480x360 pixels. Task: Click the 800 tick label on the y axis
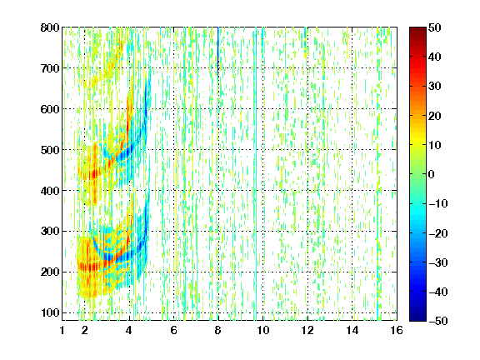click(50, 27)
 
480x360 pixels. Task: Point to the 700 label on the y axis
click(50, 68)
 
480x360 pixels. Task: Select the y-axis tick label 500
click(50, 150)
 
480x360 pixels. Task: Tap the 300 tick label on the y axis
click(50, 232)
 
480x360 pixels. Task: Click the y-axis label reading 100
click(50, 312)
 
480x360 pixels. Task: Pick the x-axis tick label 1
click(62, 330)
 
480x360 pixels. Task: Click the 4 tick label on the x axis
click(129, 330)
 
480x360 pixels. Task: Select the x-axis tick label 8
click(218, 330)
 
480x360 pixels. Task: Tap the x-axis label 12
click(307, 330)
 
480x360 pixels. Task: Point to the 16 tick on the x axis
click(397, 330)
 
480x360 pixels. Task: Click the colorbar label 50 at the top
click(434, 27)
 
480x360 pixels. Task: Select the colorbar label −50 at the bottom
click(438, 321)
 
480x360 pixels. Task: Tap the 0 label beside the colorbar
click(432, 174)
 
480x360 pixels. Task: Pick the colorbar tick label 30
click(434, 87)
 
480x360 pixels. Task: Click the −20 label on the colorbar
click(438, 233)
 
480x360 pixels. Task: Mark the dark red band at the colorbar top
click(417, 32)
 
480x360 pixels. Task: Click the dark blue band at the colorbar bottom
click(417, 315)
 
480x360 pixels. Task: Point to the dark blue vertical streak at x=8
click(218, 49)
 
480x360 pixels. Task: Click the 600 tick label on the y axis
click(50, 109)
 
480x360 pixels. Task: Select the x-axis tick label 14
click(352, 330)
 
